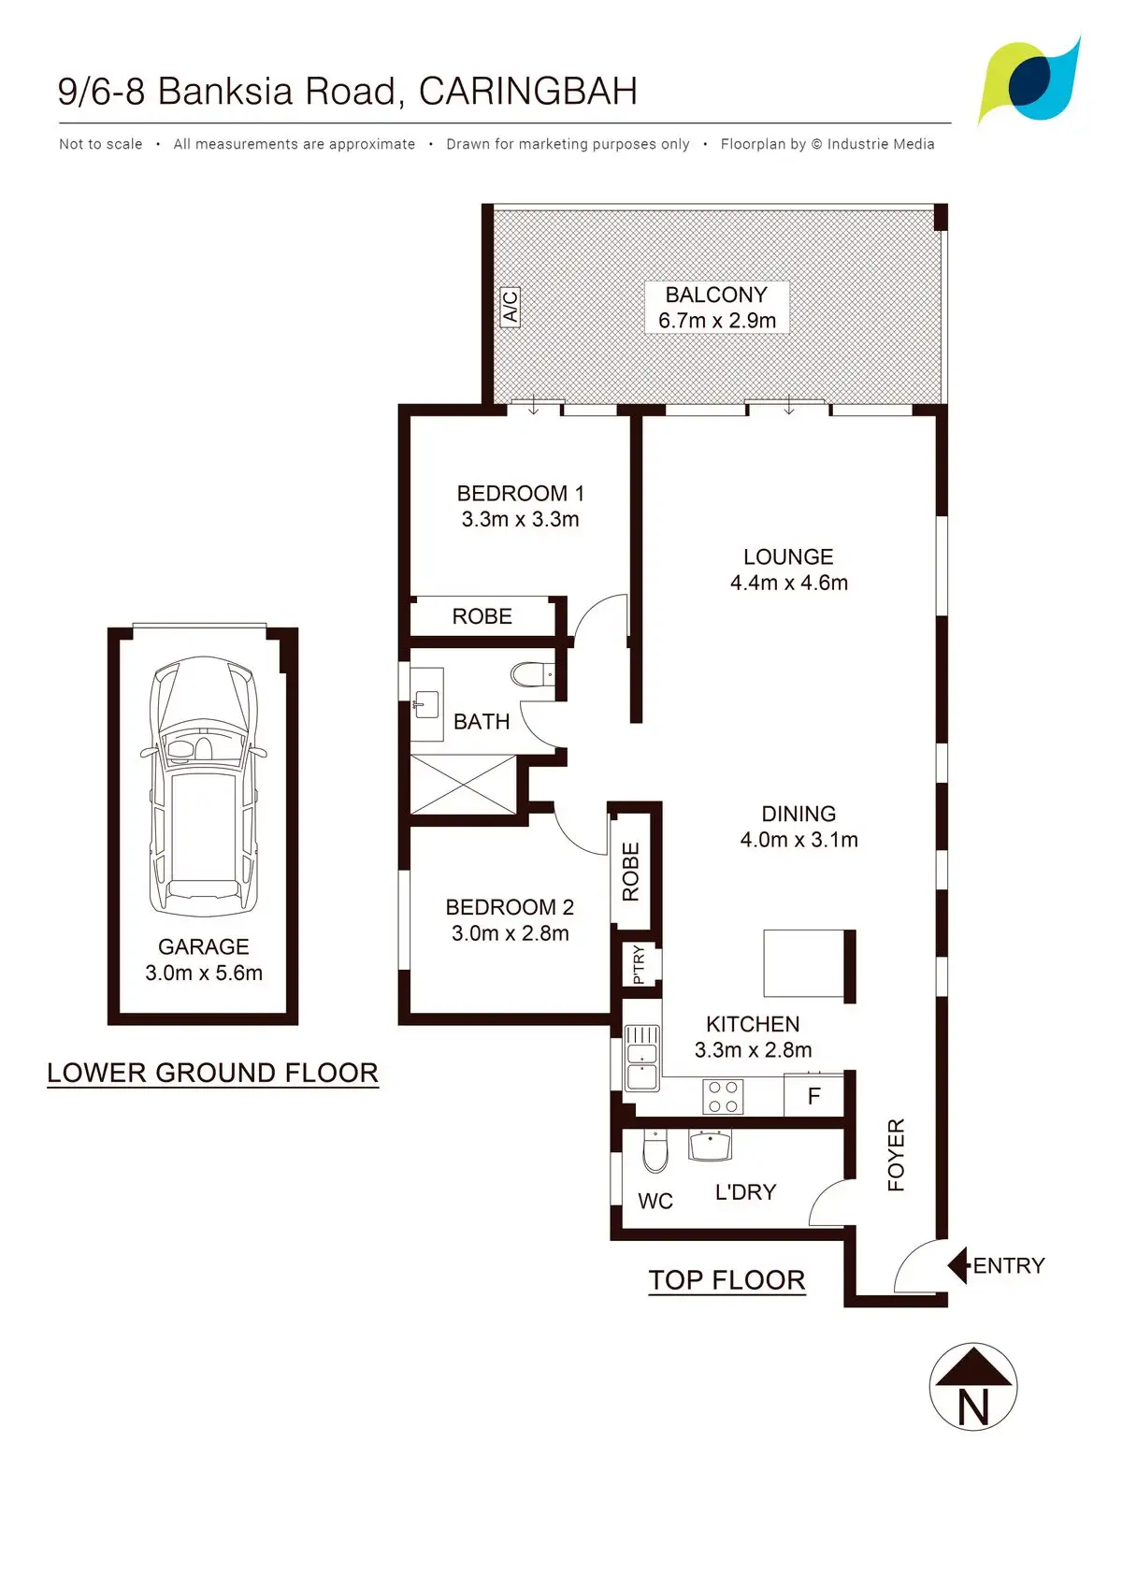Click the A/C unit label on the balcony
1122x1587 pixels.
(510, 306)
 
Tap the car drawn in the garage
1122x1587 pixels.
(203, 786)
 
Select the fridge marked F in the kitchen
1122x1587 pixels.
(813, 1096)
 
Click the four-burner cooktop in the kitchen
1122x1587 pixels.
(723, 1096)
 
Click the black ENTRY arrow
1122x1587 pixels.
(958, 1264)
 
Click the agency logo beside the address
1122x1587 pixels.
(1030, 80)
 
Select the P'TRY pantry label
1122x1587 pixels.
(639, 964)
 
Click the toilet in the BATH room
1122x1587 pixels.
(532, 674)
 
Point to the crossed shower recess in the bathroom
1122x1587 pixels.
(463, 785)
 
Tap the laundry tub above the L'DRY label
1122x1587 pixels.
(711, 1146)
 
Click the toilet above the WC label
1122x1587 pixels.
(654, 1151)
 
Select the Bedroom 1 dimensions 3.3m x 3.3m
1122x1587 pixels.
(520, 519)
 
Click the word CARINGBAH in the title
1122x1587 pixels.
(528, 91)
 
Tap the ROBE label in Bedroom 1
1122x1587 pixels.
(482, 616)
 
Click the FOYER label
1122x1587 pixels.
(896, 1155)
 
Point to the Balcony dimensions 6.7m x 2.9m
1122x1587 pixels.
(717, 320)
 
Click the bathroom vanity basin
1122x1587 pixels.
(426, 704)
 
